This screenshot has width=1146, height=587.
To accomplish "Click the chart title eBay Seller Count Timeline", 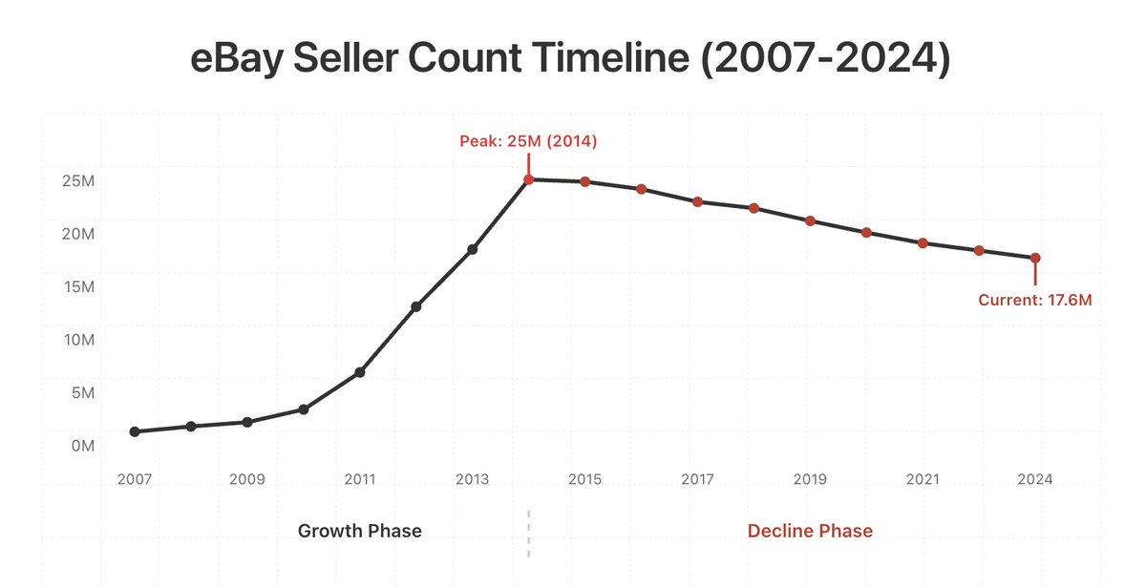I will click(x=571, y=60).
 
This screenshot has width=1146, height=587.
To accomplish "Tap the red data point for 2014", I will click(x=528, y=179).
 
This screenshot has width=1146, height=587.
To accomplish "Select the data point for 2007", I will click(x=135, y=431).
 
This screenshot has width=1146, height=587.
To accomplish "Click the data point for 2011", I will click(x=360, y=372).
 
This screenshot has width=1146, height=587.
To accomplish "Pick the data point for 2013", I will click(x=473, y=249).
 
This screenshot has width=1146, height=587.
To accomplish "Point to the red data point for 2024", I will click(x=1035, y=258).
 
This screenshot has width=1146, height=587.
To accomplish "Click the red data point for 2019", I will click(x=810, y=220).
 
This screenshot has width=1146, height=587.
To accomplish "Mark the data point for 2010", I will click(x=304, y=409).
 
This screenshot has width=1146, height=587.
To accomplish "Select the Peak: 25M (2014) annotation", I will click(x=528, y=142).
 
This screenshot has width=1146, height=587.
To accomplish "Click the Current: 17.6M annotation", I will click(x=1034, y=300).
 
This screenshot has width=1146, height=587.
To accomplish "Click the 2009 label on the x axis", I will click(x=247, y=479).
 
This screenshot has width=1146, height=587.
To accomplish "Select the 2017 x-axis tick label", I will click(x=697, y=479).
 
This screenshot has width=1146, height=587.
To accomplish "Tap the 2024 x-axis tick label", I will click(x=1035, y=479).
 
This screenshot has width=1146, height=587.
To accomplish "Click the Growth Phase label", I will click(x=359, y=531).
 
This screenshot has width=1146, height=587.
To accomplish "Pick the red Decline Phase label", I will click(x=810, y=531).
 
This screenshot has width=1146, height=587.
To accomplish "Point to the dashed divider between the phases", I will click(x=528, y=533).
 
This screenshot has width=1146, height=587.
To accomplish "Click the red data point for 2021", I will click(x=923, y=243).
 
